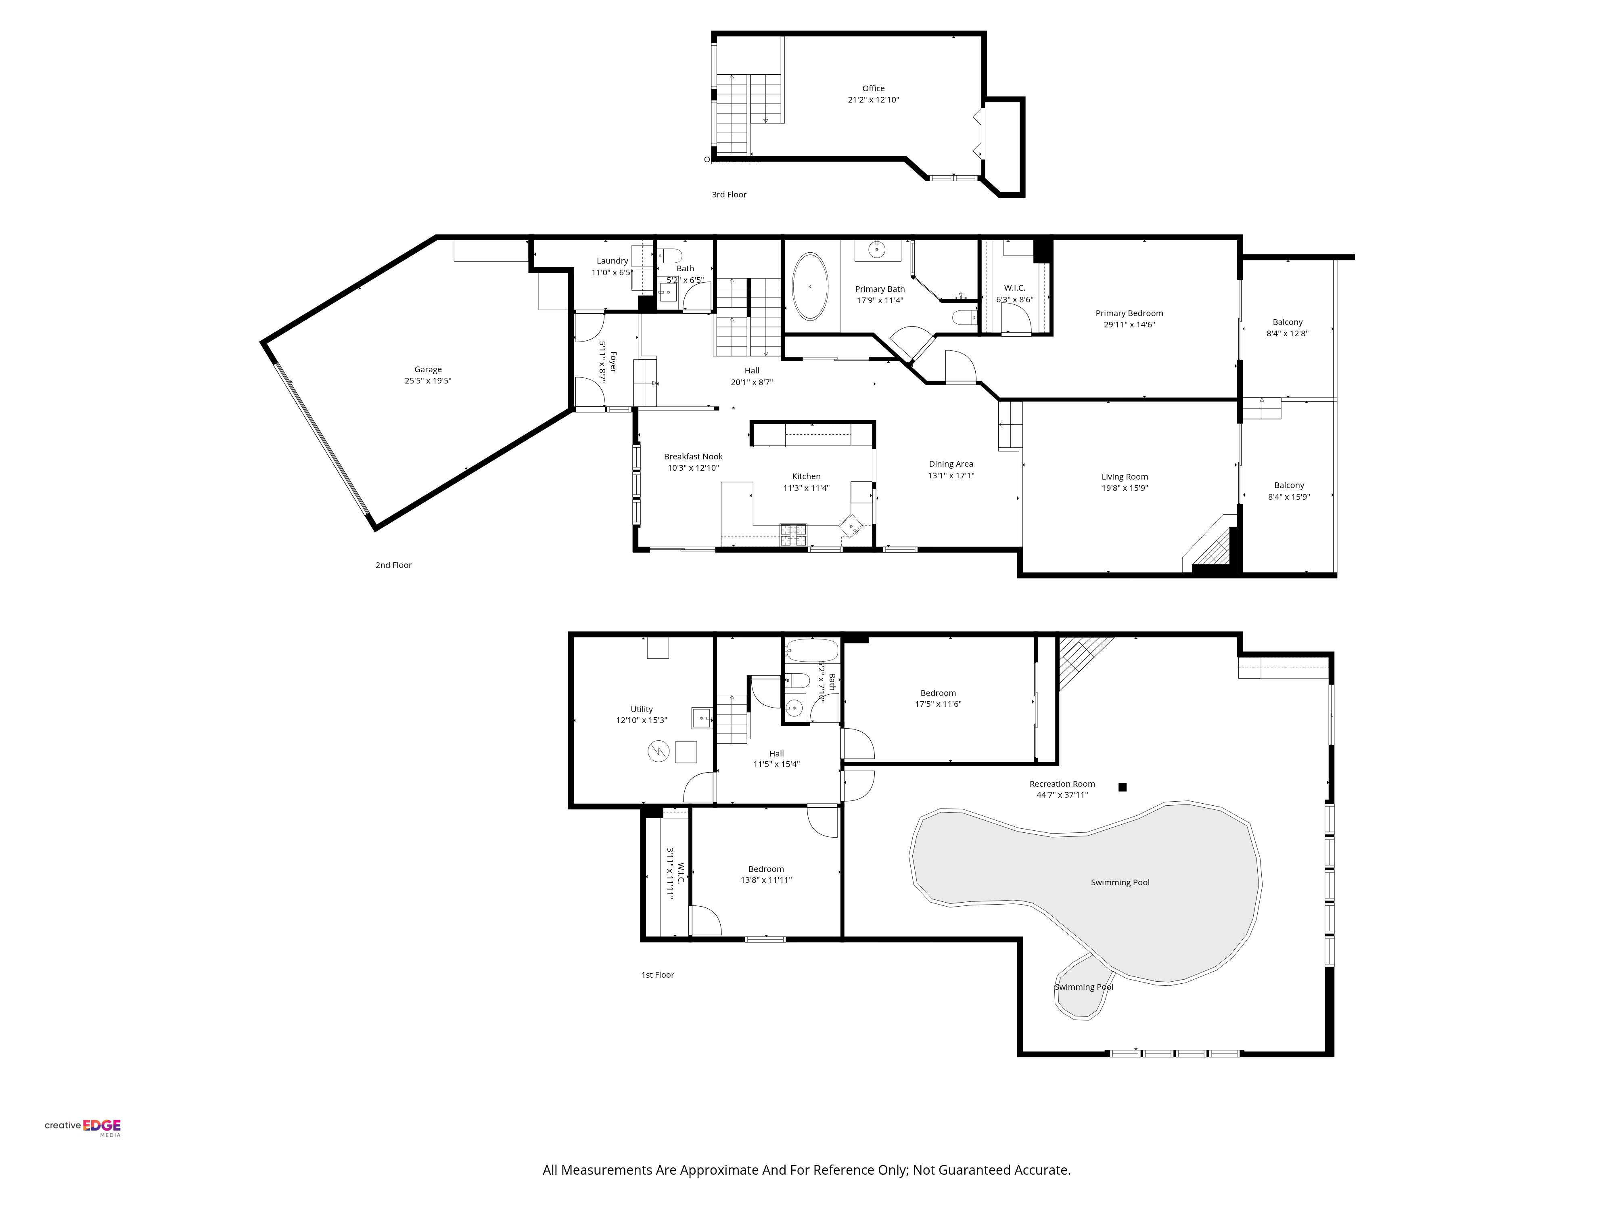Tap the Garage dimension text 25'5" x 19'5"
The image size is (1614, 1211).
pyautogui.click(x=428, y=380)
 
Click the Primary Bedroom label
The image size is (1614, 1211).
pyautogui.click(x=1129, y=313)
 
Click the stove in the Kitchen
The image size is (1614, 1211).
pyautogui.click(x=793, y=535)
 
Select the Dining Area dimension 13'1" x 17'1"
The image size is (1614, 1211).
pyautogui.click(x=951, y=475)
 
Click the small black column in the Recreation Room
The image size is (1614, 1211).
pyautogui.click(x=1122, y=787)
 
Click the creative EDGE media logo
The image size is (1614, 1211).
pyautogui.click(x=82, y=1127)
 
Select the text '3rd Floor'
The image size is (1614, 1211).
pyautogui.click(x=729, y=194)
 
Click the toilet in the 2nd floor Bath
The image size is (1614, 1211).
pyautogui.click(x=669, y=256)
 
